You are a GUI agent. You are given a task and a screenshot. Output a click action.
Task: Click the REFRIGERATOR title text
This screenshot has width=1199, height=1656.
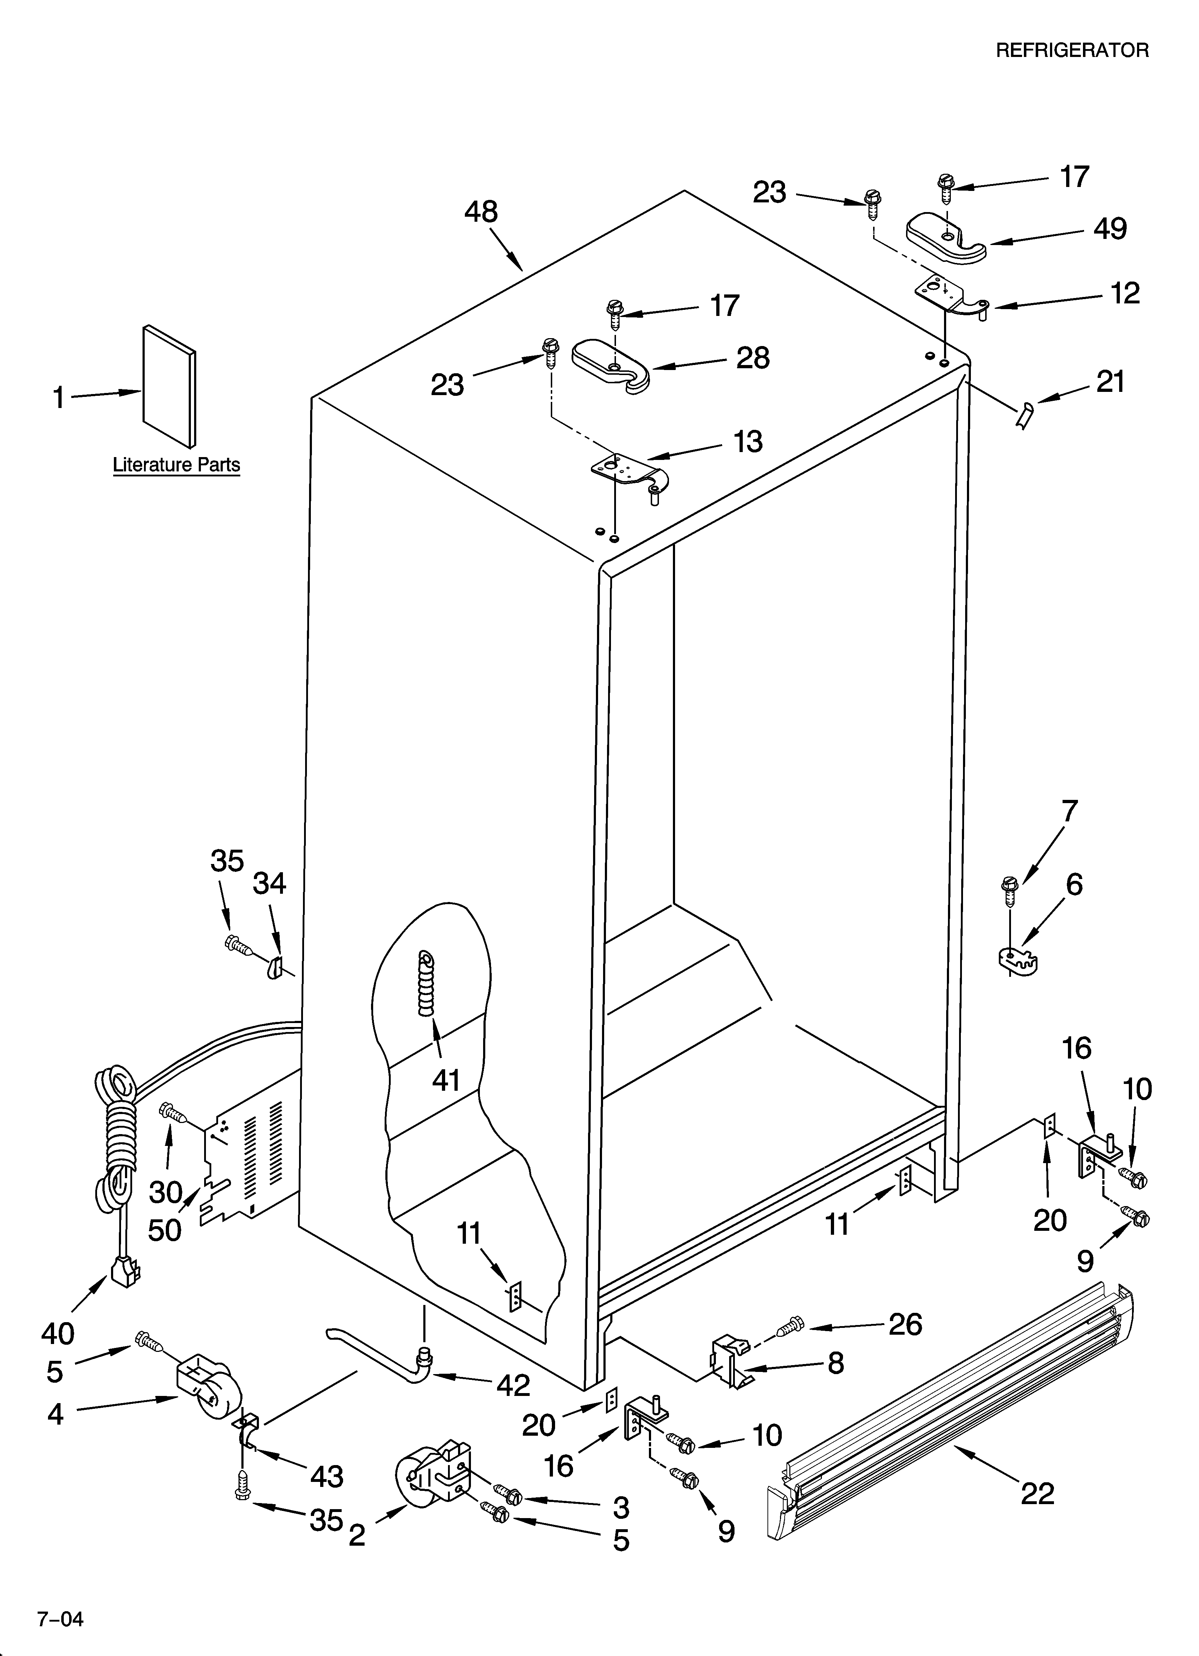pyautogui.click(x=1072, y=51)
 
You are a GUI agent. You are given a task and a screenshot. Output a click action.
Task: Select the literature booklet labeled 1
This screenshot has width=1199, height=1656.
pyautogui.click(x=169, y=386)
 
